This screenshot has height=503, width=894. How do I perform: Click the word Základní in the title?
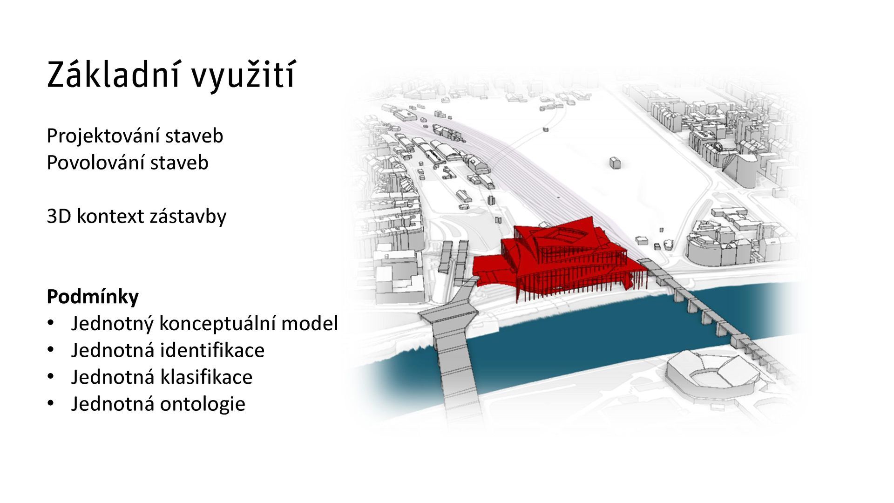click(x=112, y=75)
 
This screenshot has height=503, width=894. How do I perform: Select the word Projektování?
click(x=103, y=136)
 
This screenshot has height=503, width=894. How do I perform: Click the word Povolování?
click(x=95, y=163)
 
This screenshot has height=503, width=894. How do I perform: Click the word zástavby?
click(x=188, y=216)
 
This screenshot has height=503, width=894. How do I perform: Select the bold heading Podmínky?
click(x=93, y=297)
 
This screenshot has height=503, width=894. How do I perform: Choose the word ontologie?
click(x=203, y=404)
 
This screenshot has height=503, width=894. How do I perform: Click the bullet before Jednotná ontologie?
click(x=51, y=403)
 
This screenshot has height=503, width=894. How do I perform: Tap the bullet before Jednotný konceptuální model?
click(x=51, y=322)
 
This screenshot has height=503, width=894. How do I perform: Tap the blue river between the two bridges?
click(x=582, y=335)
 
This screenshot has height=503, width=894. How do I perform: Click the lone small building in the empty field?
click(x=615, y=163)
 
